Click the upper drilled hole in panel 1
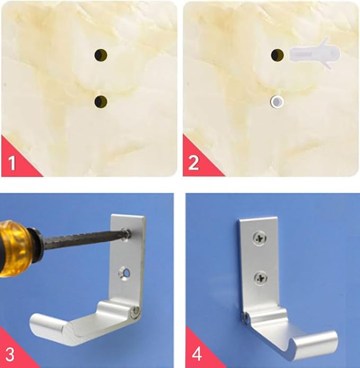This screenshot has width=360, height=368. (x=101, y=55)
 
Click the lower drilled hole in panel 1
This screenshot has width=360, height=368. (x=101, y=102)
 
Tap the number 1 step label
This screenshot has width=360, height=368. (x=12, y=163)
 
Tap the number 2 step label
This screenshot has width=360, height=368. (x=194, y=163)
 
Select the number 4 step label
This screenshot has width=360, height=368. (x=197, y=354)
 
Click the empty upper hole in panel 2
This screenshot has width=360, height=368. (x=277, y=55)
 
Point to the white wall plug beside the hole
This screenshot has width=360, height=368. (x=314, y=54)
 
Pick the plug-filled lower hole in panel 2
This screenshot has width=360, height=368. (x=277, y=102)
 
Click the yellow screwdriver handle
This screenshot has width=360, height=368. (x=14, y=249)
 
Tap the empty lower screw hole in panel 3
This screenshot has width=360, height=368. (x=125, y=274)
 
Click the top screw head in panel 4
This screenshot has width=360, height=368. (x=260, y=238)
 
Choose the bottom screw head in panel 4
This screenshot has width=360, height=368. (x=260, y=277)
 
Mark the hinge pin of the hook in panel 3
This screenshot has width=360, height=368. (x=136, y=311)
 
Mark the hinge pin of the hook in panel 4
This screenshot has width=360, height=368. (x=245, y=318)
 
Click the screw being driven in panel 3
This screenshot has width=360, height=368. (x=127, y=234)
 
